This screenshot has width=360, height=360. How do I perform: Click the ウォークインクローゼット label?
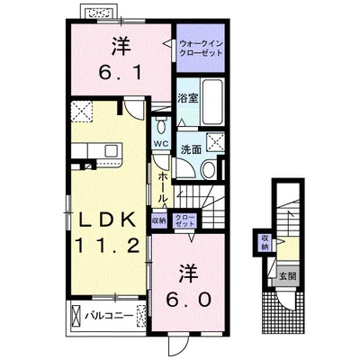[201, 48]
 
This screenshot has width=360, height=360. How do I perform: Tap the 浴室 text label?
[188, 99]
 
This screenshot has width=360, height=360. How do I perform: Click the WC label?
[161, 143]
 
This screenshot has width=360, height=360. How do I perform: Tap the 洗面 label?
[191, 149]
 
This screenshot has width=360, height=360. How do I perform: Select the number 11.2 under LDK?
[107, 245]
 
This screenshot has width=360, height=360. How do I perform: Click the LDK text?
[107, 220]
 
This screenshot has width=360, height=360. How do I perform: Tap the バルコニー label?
[109, 316]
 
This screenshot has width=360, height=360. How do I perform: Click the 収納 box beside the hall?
[159, 220]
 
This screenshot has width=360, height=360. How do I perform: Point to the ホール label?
[163, 188]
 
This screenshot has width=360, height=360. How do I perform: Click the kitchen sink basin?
[112, 149]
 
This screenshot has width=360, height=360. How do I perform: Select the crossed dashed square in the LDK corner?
[82, 110]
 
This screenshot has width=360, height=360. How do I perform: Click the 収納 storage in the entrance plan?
[265, 243]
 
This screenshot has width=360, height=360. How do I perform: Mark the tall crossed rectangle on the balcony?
[76, 316]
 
